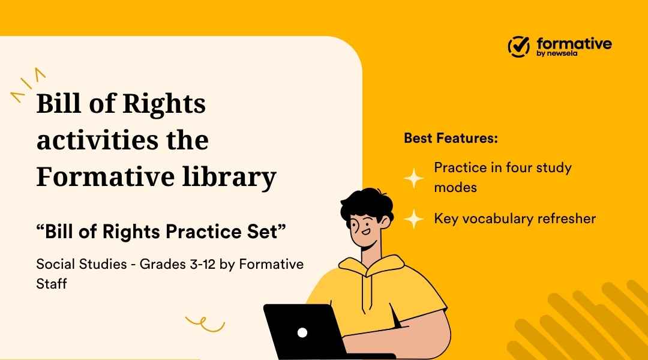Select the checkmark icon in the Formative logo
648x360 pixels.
[519, 45]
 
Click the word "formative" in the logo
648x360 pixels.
[574, 43]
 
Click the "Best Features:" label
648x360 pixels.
[451, 138]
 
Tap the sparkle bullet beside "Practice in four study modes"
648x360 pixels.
[413, 178]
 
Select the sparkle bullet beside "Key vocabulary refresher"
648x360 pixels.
[413, 218]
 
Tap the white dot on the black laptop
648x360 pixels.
[302, 332]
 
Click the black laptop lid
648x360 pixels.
[306, 333]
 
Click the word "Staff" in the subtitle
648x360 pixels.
[51, 283]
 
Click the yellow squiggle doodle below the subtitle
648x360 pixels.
[205, 324]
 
